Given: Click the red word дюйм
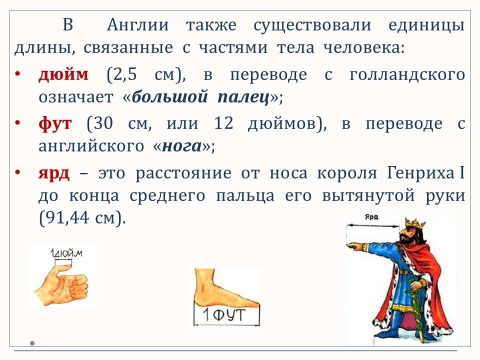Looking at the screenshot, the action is coord(63,74).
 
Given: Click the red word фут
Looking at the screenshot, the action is coord(55,124).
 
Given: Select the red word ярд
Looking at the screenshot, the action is coord(54,174).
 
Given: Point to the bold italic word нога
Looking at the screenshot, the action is coord(182,146).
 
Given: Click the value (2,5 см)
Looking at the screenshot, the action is coord(146,74).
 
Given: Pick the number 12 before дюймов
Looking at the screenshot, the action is coord(223,123).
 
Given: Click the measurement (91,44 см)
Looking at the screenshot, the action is coord(82,218).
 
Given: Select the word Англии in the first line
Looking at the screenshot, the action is coord(138,25).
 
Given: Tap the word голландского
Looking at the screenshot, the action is coord(407,75).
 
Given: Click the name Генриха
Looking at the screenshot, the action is coord(421,173).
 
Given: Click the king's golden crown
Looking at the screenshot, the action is coord(415,223).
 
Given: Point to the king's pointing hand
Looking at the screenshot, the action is coord(354,245).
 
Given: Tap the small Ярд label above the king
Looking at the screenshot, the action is coord(371,217).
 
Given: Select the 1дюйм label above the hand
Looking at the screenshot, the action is coord(66,253).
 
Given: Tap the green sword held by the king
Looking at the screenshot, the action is coord(419,309).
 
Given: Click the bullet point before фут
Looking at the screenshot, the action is coord(18,123).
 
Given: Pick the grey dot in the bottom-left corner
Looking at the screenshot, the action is coord(32,343).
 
